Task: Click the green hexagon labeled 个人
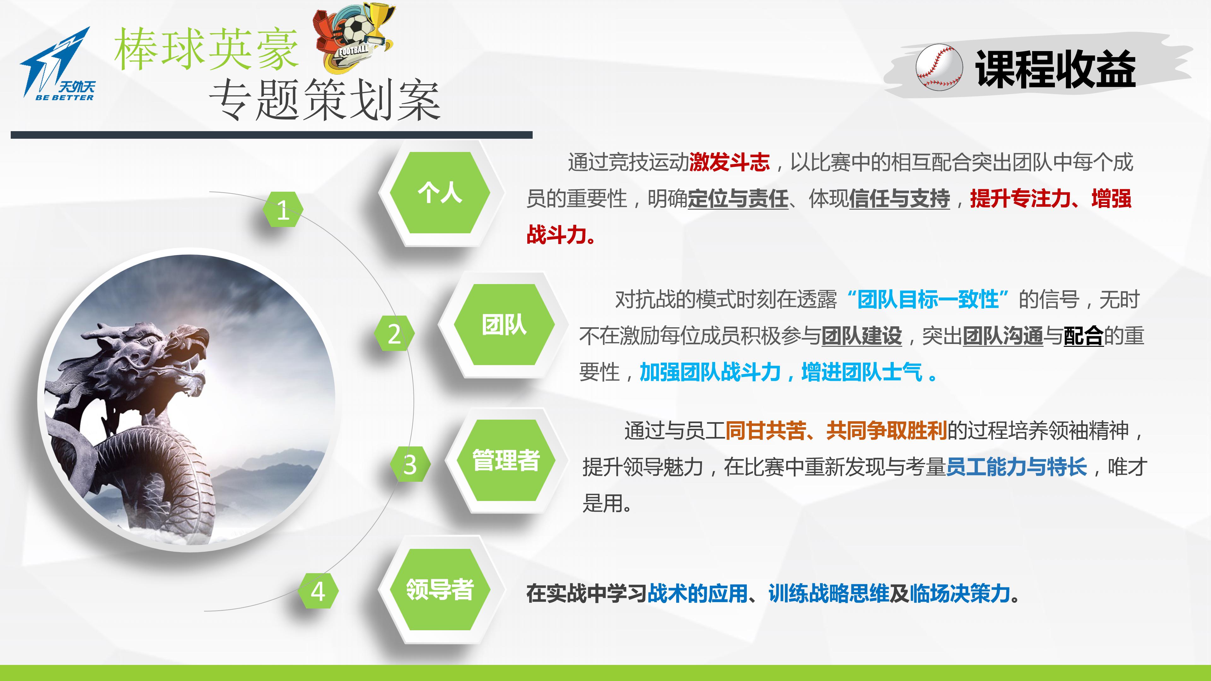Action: click(x=440, y=193)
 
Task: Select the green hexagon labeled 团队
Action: click(x=504, y=325)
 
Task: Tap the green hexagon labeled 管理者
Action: click(x=506, y=460)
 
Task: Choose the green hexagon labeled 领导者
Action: click(x=440, y=589)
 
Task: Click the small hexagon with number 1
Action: click(x=283, y=210)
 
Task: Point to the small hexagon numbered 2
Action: click(x=394, y=334)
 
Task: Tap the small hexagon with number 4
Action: click(x=318, y=591)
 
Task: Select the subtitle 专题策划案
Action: click(x=325, y=100)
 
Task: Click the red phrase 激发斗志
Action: click(x=729, y=162)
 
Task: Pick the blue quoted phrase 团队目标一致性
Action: click(x=927, y=300)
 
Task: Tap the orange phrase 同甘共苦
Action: click(x=766, y=430)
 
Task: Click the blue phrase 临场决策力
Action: click(x=960, y=593)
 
